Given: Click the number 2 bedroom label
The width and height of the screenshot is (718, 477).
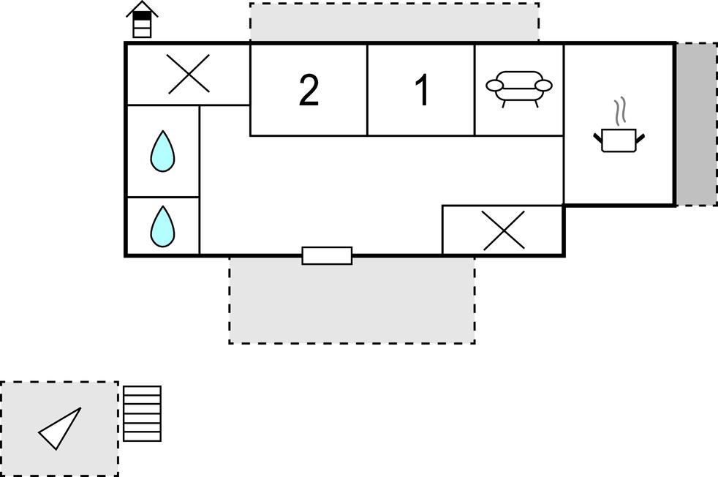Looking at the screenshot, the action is click(x=309, y=90).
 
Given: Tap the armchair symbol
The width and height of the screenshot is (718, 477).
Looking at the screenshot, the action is click(x=519, y=89).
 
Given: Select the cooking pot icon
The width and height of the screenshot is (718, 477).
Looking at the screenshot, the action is click(x=619, y=140).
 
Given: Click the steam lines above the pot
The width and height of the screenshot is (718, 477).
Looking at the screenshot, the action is click(x=621, y=111).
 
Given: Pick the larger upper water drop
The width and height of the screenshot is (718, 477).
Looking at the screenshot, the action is click(x=162, y=151).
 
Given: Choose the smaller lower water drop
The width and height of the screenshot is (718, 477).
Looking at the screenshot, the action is click(x=162, y=226).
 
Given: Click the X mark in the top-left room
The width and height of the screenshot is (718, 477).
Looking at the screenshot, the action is click(x=189, y=74).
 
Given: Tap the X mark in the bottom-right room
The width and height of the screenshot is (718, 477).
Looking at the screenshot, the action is click(x=504, y=230).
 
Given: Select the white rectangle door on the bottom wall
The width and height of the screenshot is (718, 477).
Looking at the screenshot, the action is click(x=327, y=255).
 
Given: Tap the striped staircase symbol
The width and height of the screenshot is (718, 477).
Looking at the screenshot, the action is click(x=142, y=414).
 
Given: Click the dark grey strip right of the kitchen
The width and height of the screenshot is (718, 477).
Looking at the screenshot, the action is click(x=697, y=124).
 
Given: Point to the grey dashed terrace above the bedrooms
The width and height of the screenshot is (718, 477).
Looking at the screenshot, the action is click(x=394, y=22).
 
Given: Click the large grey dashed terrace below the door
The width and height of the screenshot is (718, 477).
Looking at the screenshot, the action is click(x=352, y=300).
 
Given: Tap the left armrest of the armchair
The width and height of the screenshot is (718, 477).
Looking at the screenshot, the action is click(x=494, y=85).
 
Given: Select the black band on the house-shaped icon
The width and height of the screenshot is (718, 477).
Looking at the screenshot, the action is click(x=142, y=15).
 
